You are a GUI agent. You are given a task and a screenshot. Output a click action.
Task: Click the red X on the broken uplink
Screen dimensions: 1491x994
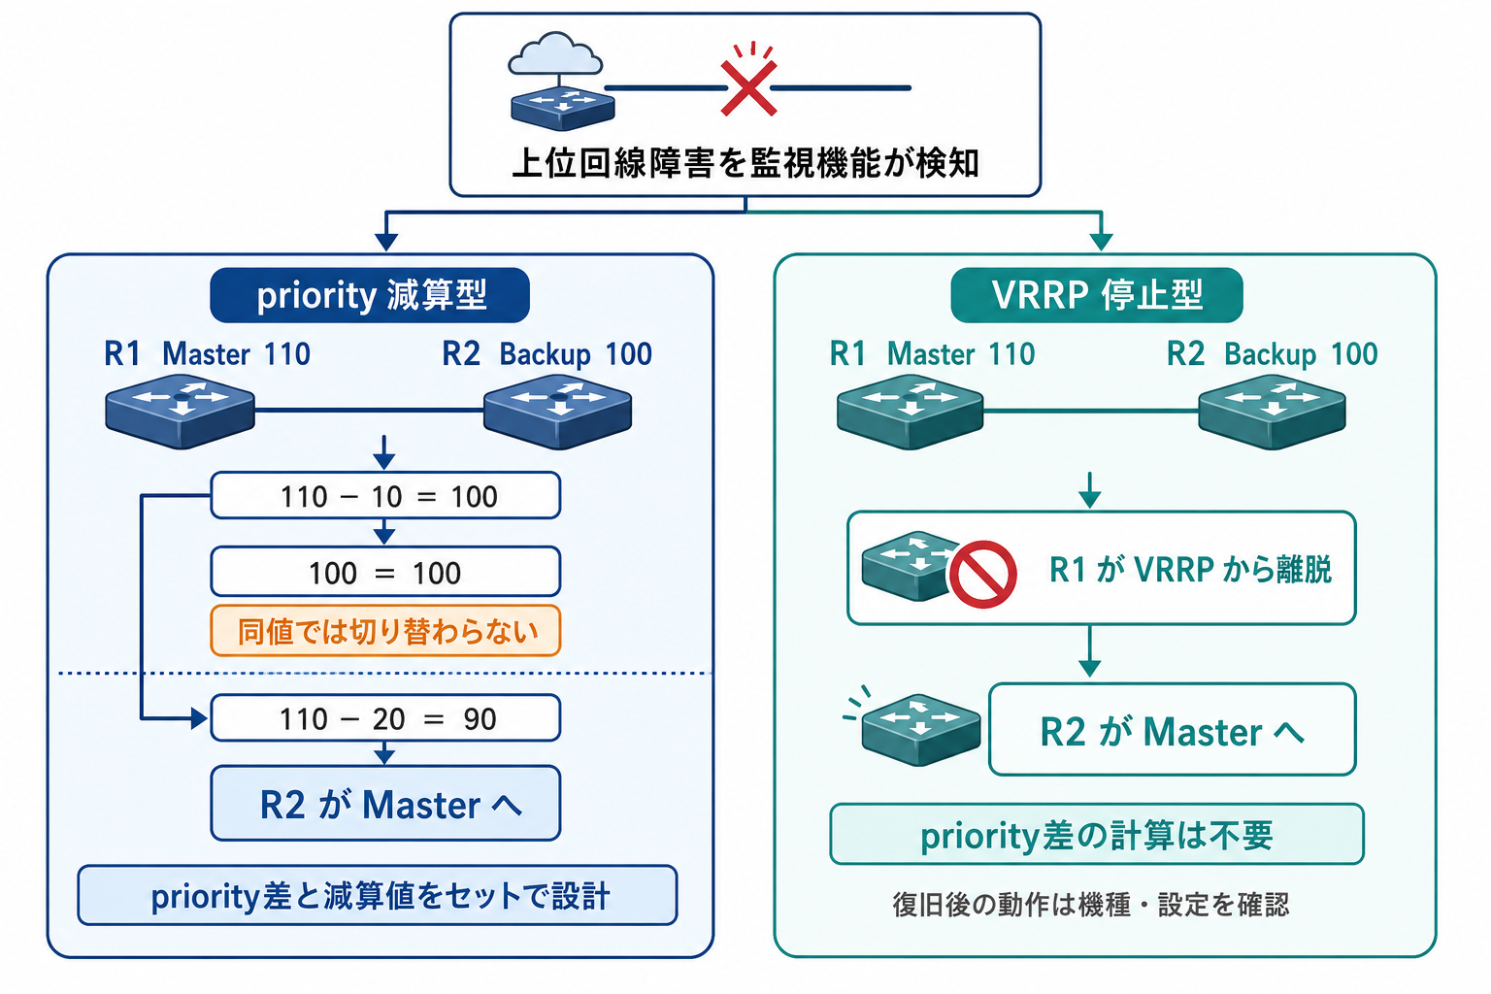coord(748,88)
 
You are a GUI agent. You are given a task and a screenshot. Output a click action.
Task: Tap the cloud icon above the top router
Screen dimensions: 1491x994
coord(555,53)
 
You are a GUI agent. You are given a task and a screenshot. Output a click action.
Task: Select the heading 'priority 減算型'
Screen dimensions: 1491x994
coord(370,295)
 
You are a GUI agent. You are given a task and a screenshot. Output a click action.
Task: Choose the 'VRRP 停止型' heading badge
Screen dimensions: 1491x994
coord(1097,295)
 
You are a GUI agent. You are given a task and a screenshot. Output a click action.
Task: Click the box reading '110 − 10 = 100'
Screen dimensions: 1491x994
coord(385,495)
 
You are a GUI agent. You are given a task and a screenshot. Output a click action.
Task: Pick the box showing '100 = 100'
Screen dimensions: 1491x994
coord(385,571)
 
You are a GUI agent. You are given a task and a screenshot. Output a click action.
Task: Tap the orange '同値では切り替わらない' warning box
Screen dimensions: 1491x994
coord(385,631)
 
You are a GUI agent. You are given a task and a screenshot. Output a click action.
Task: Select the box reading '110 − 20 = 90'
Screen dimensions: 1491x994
coord(385,717)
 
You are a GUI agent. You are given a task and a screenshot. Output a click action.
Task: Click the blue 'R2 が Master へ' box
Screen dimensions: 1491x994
coord(385,803)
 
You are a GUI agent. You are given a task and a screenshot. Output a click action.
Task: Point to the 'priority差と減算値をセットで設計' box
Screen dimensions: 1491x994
coord(378,895)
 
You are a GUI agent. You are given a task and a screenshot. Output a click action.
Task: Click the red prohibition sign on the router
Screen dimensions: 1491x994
coord(982,574)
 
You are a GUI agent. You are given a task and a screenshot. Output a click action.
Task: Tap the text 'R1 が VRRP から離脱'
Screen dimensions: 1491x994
coord(1190,569)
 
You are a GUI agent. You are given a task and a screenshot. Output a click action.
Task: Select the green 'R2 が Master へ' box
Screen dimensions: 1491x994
coord(1173,729)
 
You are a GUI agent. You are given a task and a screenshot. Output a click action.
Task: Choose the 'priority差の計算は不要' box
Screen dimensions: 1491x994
coord(1097,834)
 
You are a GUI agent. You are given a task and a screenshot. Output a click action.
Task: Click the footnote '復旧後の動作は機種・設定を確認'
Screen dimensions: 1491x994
coord(1091,905)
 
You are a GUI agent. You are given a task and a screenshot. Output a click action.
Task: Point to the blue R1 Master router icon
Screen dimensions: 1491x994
coord(180,411)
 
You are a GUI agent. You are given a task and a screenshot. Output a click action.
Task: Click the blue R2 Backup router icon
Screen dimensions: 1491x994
coord(558,411)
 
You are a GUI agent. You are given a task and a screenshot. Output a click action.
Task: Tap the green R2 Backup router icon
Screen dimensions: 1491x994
coord(1272,411)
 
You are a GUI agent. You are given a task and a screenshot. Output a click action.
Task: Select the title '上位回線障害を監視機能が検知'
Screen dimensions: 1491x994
coord(745,163)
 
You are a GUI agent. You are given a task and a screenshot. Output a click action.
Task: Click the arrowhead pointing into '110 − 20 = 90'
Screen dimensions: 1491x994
coord(199,718)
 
